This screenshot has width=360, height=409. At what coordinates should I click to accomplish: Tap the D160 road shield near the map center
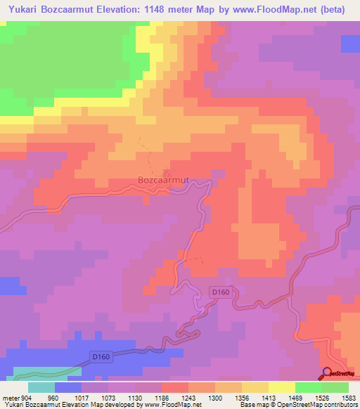[x=221, y=292]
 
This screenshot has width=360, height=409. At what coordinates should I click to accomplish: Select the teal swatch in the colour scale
[x=41, y=387]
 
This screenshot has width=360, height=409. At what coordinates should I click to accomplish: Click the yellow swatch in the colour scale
[x=281, y=387]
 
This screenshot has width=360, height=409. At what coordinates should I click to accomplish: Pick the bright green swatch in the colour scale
[x=308, y=387]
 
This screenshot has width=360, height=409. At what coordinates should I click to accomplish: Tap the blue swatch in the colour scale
[x=67, y=387]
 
